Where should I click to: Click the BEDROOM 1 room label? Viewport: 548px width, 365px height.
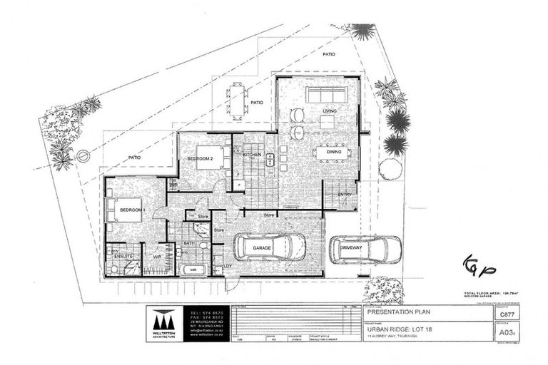[133, 210]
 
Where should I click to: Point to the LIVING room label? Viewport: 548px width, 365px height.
[329, 111]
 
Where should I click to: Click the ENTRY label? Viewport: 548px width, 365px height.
[345, 194]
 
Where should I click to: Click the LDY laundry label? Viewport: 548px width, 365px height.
[228, 267]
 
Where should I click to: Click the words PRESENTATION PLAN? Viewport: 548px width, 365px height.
[395, 312]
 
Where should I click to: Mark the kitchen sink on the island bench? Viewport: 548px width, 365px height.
[270, 162]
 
